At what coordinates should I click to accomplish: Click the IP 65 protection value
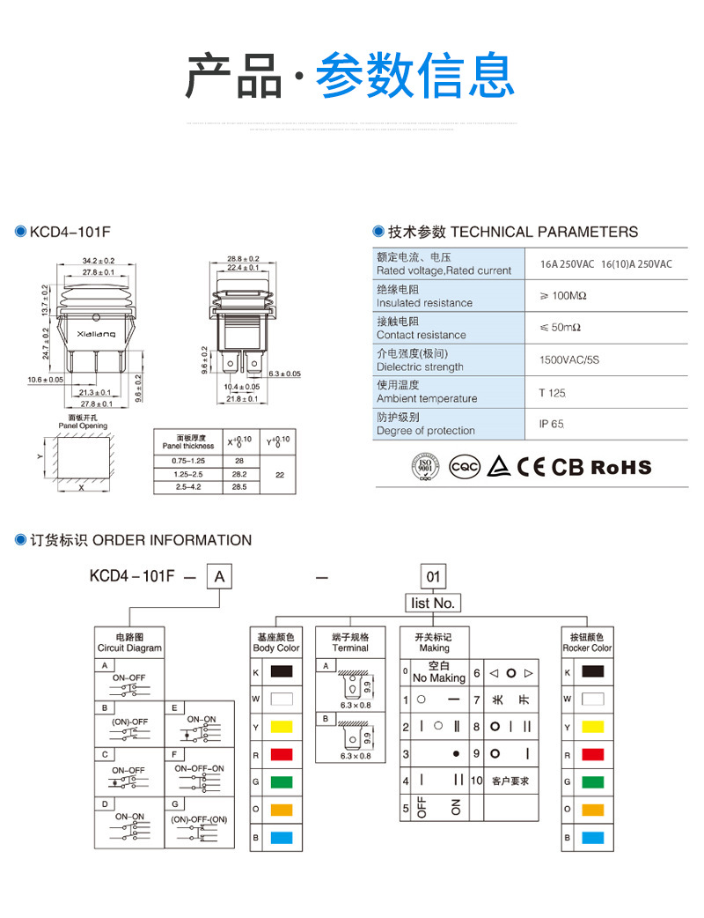[x=551, y=424]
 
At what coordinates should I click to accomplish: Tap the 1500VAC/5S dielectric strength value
[x=569, y=359]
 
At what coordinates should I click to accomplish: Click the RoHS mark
[x=621, y=467]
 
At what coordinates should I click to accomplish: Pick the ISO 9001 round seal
[x=426, y=466]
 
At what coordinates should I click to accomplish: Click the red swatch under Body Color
[x=282, y=755]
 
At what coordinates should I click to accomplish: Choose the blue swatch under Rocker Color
[x=592, y=837]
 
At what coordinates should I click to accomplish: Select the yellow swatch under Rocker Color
[x=592, y=728]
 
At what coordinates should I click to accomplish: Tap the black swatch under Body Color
[x=282, y=673]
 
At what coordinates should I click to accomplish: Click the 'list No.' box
[x=433, y=603]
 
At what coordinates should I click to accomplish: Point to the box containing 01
[x=433, y=578]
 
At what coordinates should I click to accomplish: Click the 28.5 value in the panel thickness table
[x=238, y=486]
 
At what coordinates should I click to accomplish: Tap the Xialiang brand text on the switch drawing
[x=96, y=336]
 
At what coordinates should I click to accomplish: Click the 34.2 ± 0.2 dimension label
[x=99, y=261]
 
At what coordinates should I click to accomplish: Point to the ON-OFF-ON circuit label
[x=200, y=768]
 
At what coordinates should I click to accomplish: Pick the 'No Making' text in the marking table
[x=439, y=678]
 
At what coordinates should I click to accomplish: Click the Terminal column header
[x=350, y=642]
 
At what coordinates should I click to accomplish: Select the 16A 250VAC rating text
[x=568, y=264]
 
